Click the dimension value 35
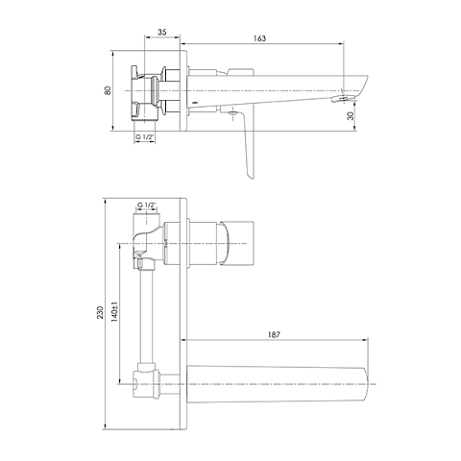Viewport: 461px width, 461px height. pos(162,32)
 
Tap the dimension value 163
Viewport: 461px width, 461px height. pos(259,38)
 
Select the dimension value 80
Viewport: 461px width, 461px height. pos(108,90)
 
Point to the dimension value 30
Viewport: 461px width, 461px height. pos(352,115)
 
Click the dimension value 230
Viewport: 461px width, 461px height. pos(100,312)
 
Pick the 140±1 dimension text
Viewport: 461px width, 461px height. pos(115,311)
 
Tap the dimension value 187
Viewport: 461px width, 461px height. pos(274,335)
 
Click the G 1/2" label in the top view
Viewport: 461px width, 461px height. pos(145,136)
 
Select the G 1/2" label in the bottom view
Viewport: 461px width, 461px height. pos(146,205)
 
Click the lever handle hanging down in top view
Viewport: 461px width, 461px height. pos(247,144)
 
